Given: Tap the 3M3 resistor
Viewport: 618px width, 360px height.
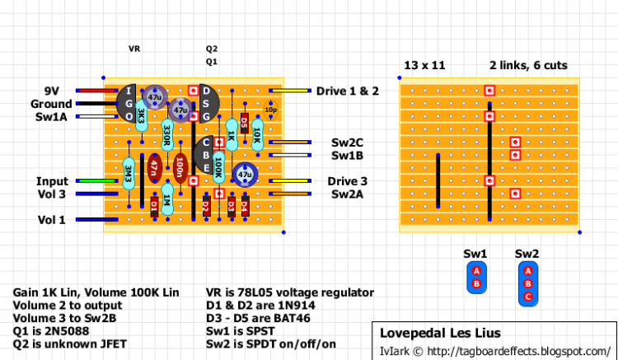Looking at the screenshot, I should coord(129,175).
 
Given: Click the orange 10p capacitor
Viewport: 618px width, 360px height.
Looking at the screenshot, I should coord(269,110).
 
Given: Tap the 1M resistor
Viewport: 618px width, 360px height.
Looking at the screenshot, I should coord(167,199).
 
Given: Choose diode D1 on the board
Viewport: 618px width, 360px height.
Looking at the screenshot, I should coord(154,206).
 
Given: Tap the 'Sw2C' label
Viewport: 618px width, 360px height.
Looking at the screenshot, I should coord(348,143).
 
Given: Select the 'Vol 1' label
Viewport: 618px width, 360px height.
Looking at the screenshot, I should coord(51,220).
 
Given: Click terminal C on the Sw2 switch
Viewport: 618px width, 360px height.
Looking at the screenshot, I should coord(528,296).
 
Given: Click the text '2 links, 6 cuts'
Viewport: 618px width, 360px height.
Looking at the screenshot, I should coord(528,65).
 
